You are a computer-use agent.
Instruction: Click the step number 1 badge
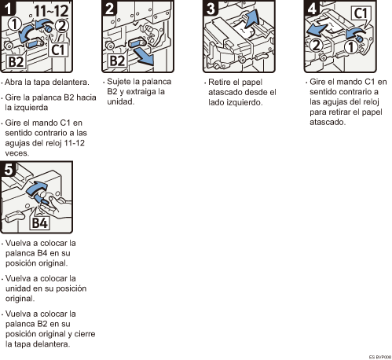tap(8, 8)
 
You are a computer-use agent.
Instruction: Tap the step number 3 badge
tap(211, 8)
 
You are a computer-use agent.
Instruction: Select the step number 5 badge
tap(9, 169)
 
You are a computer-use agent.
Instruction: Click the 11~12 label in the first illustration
tap(51, 12)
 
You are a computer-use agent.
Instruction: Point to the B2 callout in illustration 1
tap(16, 62)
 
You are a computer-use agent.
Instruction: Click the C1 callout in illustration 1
tap(58, 50)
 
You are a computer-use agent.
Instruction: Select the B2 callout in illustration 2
tap(117, 61)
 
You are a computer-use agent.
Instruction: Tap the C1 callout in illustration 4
tap(361, 13)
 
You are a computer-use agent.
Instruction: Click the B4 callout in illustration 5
tap(39, 223)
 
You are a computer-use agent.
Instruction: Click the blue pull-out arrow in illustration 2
tap(144, 57)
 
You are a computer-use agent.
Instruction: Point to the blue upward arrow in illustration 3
tap(251, 17)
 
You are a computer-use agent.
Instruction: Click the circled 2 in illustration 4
tap(317, 45)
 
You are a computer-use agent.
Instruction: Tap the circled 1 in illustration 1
tap(14, 24)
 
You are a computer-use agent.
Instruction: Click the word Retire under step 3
tap(219, 82)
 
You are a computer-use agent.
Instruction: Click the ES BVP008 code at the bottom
tap(380, 357)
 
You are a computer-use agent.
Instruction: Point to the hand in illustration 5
tap(57, 207)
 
